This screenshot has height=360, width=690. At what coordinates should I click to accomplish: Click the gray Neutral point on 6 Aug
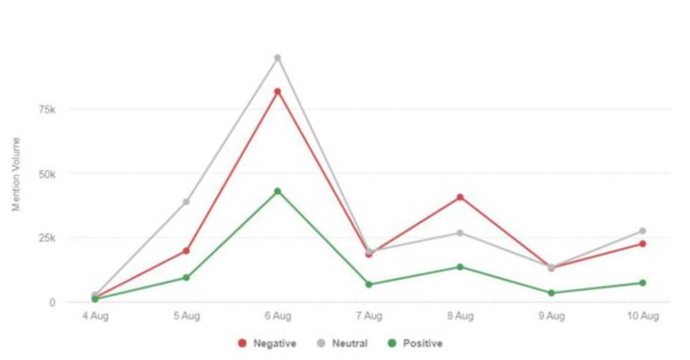click(277, 58)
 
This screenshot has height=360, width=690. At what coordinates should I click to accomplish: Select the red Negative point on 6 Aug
click(277, 91)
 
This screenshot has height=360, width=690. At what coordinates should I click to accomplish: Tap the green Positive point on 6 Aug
click(277, 191)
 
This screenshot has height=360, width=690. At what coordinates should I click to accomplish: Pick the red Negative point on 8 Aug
click(460, 197)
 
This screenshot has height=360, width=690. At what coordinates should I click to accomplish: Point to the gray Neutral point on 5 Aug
click(186, 201)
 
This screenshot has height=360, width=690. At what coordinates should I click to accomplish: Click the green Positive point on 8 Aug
click(460, 267)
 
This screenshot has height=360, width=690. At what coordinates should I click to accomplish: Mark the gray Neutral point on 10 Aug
click(642, 231)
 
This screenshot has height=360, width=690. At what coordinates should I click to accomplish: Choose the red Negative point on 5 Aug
click(186, 251)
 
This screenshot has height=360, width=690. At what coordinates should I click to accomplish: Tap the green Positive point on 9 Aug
click(551, 293)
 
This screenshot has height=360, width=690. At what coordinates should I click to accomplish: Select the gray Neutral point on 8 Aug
click(460, 233)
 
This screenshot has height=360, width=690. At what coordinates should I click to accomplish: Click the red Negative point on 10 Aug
click(642, 244)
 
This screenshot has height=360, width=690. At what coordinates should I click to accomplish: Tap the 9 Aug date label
click(551, 316)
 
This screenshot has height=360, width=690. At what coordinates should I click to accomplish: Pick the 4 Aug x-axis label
click(95, 316)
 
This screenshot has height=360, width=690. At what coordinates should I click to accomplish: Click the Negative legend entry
click(268, 343)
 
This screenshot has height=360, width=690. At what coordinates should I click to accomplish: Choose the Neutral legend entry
click(343, 343)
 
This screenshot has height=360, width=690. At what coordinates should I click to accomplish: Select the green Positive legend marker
click(393, 343)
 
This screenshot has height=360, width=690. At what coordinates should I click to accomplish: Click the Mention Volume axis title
click(17, 174)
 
